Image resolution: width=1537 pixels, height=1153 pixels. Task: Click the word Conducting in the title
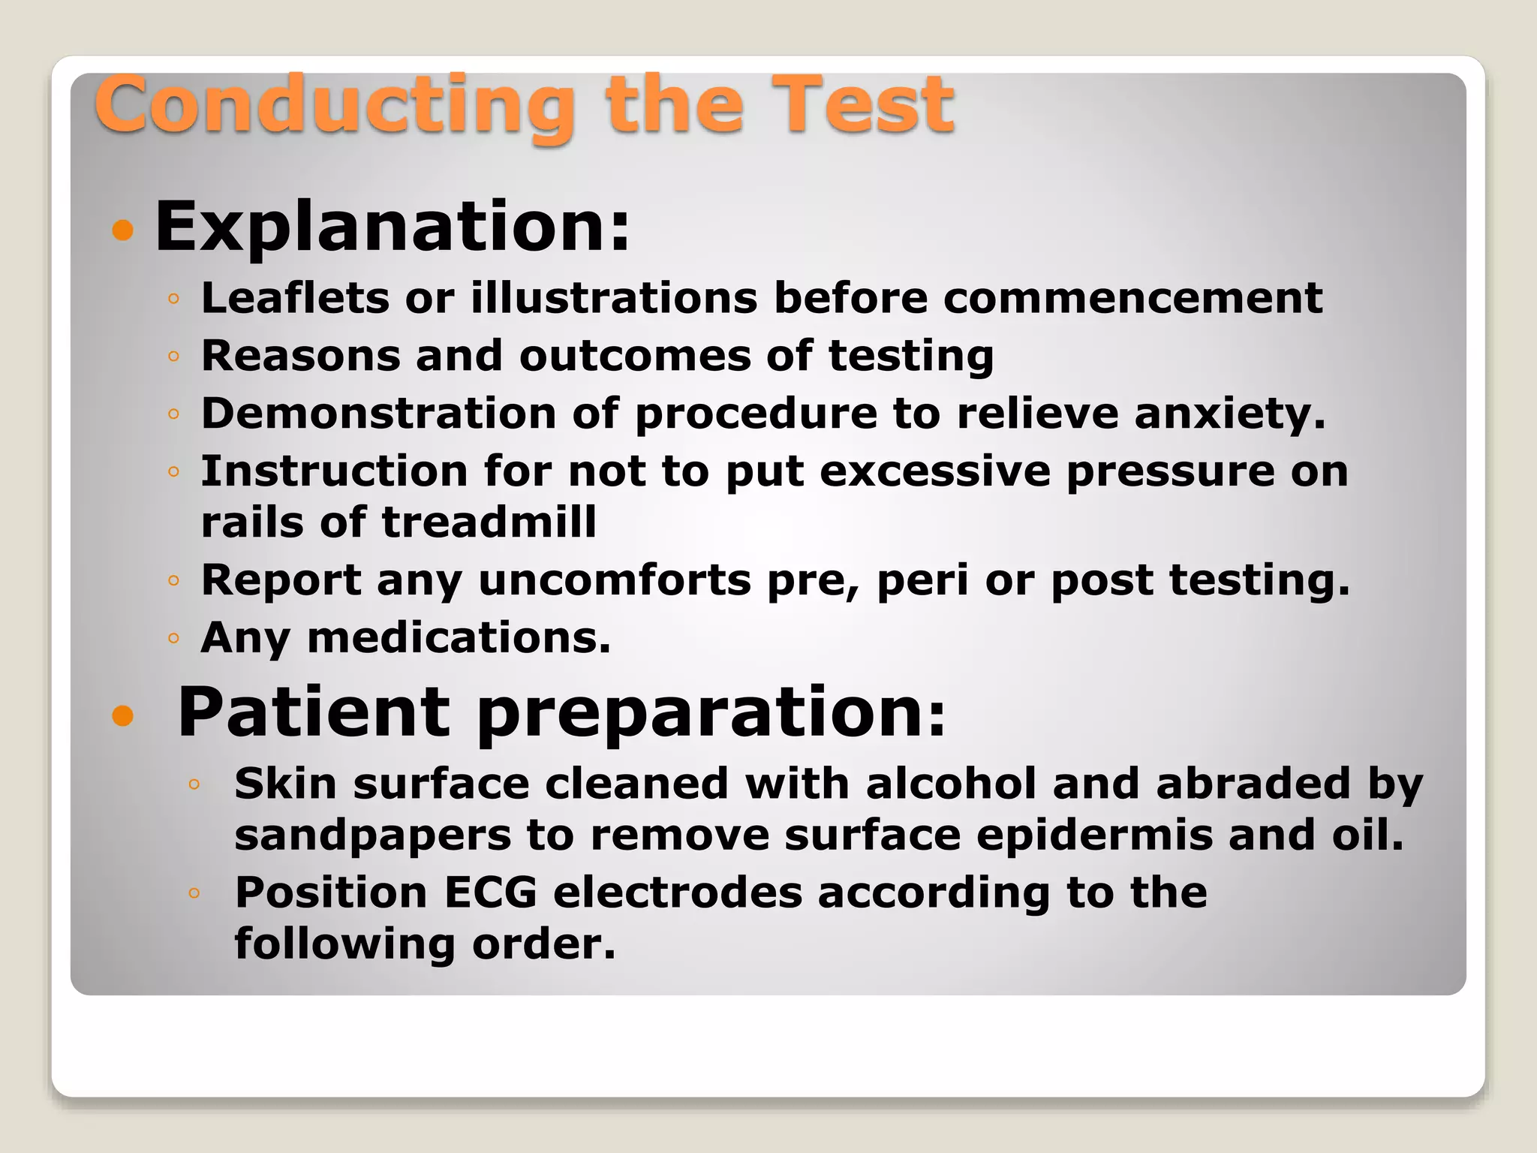(x=334, y=105)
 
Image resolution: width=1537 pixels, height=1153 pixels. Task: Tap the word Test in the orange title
(x=863, y=105)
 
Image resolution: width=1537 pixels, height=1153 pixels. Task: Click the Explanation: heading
(x=392, y=227)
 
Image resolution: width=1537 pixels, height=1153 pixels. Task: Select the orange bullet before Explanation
(x=122, y=230)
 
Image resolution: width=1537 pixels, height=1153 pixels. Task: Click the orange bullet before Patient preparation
(x=122, y=716)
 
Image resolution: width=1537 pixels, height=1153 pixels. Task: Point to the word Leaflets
(x=295, y=298)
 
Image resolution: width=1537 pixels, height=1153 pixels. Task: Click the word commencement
(x=1132, y=298)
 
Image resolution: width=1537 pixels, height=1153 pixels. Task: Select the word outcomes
(x=635, y=356)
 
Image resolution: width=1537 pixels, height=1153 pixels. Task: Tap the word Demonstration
(x=378, y=414)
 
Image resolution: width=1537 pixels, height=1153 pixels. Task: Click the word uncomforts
(x=615, y=580)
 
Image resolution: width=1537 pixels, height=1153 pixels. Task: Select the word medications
(x=459, y=638)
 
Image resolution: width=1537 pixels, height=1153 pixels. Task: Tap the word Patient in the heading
(x=314, y=712)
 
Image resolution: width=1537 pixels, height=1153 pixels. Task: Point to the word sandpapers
(x=372, y=836)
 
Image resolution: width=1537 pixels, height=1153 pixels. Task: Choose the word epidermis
(x=1094, y=836)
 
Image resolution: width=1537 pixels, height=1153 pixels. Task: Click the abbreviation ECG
(x=491, y=893)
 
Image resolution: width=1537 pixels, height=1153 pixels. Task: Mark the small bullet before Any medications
(x=173, y=639)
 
